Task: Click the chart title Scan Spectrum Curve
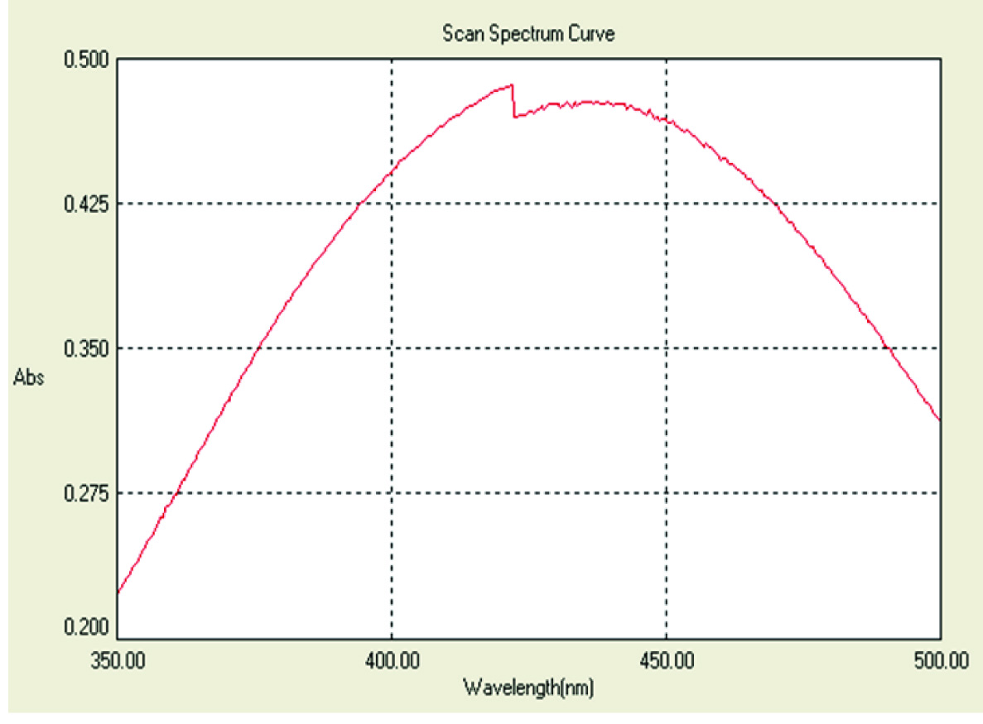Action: (x=528, y=35)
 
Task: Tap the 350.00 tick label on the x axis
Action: (x=117, y=662)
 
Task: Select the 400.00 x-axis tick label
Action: (x=391, y=662)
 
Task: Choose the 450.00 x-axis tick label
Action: (x=666, y=662)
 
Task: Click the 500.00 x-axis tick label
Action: (x=939, y=662)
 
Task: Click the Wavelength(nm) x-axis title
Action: (x=528, y=687)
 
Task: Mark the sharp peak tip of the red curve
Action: (x=513, y=84)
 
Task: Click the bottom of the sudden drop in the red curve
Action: (x=514, y=117)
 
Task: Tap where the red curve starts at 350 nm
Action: (x=118, y=592)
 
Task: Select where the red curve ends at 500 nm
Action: (x=940, y=420)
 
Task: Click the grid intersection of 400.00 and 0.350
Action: (x=391, y=348)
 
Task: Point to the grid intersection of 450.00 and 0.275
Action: (x=666, y=493)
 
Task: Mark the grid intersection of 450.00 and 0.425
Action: (x=666, y=204)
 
